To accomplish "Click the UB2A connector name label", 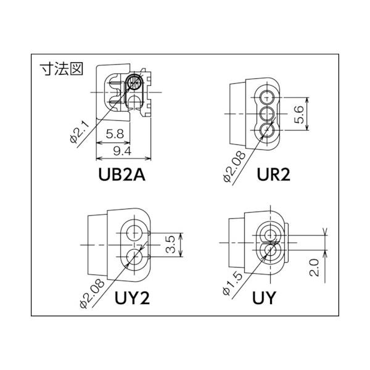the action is point(121,175).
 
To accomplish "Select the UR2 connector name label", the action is point(273,175).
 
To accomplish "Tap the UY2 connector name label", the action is point(132,298).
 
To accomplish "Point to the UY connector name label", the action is point(264,298).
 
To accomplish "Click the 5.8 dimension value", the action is point(115,134).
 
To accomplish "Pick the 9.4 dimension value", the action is point(122,151).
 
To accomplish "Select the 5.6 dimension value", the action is point(299,115).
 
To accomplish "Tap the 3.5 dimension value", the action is point(170,244).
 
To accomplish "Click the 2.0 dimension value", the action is point(314,268).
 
